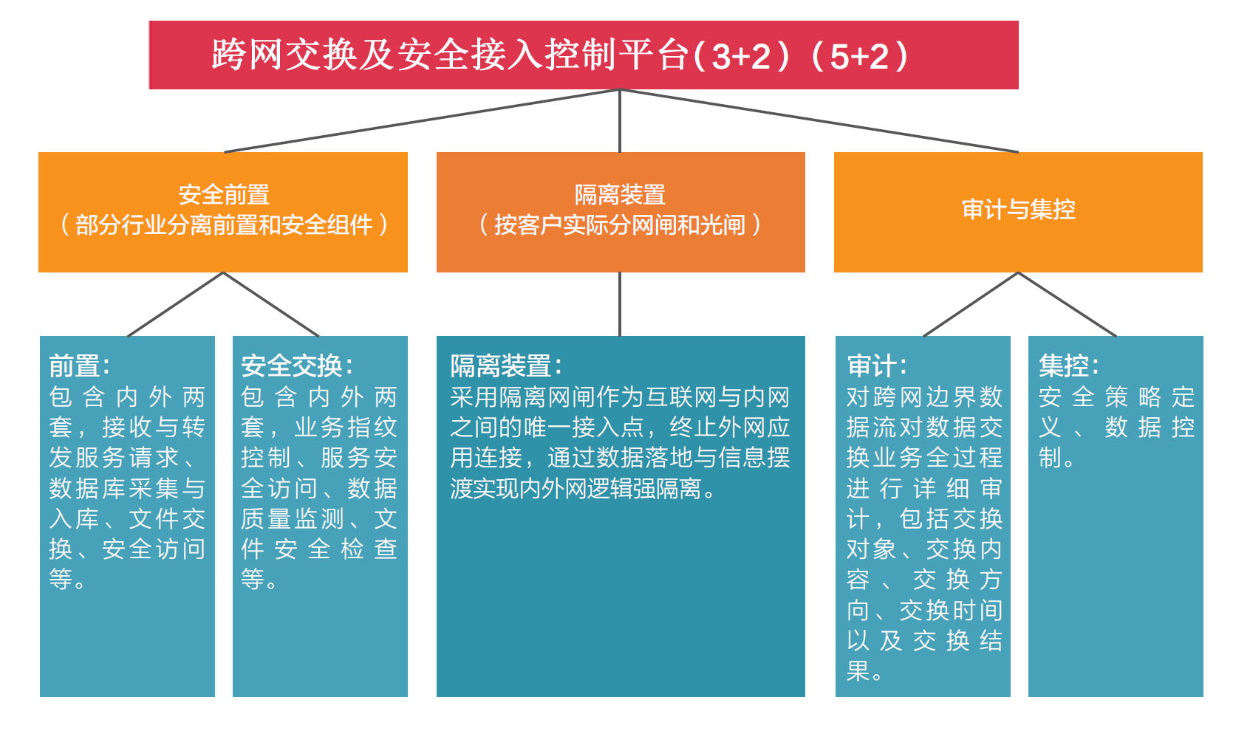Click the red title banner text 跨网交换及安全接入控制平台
coord(451,55)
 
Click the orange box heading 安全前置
coord(224,195)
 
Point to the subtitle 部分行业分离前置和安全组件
coord(224,224)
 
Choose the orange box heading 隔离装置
coord(620,195)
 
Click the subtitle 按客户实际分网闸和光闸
coord(620,224)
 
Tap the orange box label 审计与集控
coord(1019,209)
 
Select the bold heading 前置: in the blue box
coord(79,365)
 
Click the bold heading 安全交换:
coord(297,365)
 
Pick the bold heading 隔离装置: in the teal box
coord(505,365)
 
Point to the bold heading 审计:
coord(876,365)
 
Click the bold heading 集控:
coord(1069,365)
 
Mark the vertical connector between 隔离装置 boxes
coord(620,304)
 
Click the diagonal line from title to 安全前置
coord(422,120)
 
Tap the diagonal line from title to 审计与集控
coord(819,120)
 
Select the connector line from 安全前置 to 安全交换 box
coord(271,304)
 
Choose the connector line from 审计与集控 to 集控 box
coord(1067,304)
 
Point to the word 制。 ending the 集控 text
coord(1056,457)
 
